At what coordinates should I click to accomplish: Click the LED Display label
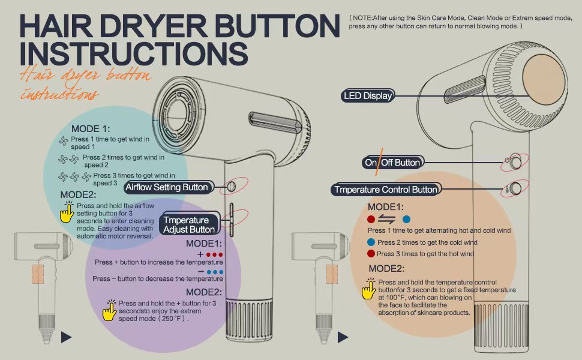(367, 96)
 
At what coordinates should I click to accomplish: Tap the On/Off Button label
(392, 163)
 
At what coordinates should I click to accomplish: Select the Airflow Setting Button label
(169, 187)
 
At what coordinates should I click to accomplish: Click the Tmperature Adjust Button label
(189, 224)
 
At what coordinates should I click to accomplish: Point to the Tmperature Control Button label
(386, 189)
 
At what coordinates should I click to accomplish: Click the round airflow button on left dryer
(231, 186)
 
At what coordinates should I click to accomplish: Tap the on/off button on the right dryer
(515, 162)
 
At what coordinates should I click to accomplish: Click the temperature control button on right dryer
(515, 188)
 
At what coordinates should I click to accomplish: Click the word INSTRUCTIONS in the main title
(134, 53)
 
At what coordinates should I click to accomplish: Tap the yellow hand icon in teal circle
(67, 212)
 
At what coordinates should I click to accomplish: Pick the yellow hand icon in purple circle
(109, 310)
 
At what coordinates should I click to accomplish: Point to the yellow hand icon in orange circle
(369, 289)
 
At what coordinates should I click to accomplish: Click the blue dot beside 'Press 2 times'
(371, 242)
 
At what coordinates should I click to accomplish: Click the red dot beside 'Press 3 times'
(371, 254)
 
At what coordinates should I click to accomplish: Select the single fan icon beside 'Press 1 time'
(64, 141)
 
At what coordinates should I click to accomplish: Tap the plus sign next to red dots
(200, 254)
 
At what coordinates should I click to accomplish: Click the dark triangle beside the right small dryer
(343, 337)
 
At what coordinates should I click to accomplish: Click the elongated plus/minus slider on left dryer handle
(231, 220)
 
